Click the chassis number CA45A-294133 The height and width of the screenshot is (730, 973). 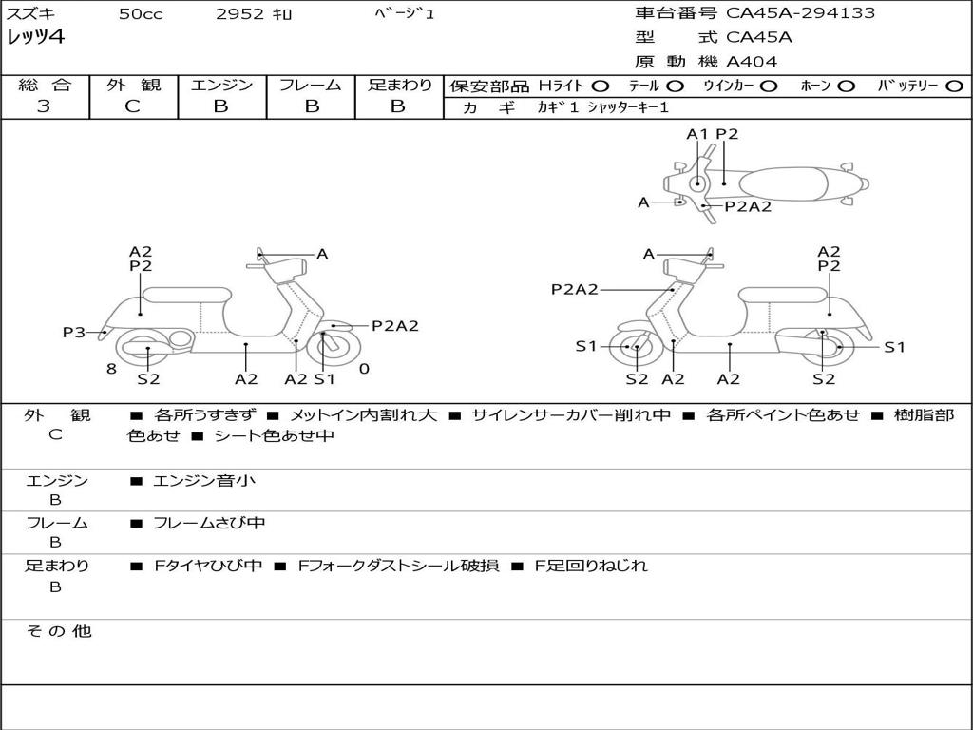(x=800, y=13)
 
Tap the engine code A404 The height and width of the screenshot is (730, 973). (x=752, y=62)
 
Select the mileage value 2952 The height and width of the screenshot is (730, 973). (x=239, y=13)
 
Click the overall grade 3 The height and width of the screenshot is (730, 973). (x=44, y=106)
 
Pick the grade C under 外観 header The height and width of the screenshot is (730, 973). (x=133, y=106)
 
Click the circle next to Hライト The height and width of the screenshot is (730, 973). (x=600, y=86)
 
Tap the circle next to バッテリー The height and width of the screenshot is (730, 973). (x=954, y=86)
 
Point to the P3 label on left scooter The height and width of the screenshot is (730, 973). (x=74, y=332)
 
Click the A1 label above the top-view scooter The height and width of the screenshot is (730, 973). (x=696, y=134)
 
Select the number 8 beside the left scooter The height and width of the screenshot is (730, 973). (x=111, y=369)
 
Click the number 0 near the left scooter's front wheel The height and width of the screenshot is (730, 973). (x=364, y=369)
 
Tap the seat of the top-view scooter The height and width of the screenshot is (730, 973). (x=783, y=183)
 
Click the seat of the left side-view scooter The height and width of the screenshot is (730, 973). (x=187, y=295)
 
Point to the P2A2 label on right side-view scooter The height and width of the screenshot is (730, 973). (x=575, y=289)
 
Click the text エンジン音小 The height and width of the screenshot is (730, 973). (x=204, y=480)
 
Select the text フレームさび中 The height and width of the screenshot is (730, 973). (x=209, y=523)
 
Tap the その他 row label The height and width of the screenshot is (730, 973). (x=59, y=631)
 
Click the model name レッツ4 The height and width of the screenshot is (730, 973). (x=35, y=37)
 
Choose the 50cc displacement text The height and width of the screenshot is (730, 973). (x=141, y=13)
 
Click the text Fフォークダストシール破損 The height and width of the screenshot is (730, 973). (x=398, y=566)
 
